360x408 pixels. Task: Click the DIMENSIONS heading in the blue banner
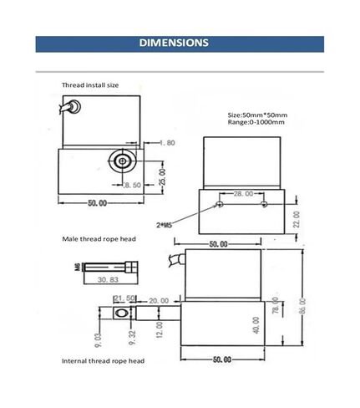(x=174, y=43)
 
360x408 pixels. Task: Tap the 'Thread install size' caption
(x=90, y=85)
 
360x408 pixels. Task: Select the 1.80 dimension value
(x=167, y=143)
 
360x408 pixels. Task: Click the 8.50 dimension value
(x=132, y=185)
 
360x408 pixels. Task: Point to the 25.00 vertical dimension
(x=162, y=177)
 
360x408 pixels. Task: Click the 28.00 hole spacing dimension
(x=243, y=193)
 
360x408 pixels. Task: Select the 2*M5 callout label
(x=164, y=225)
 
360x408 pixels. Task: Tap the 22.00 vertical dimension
(x=297, y=219)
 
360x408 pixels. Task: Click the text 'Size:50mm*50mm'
(x=257, y=115)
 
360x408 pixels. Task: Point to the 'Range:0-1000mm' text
(x=256, y=122)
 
